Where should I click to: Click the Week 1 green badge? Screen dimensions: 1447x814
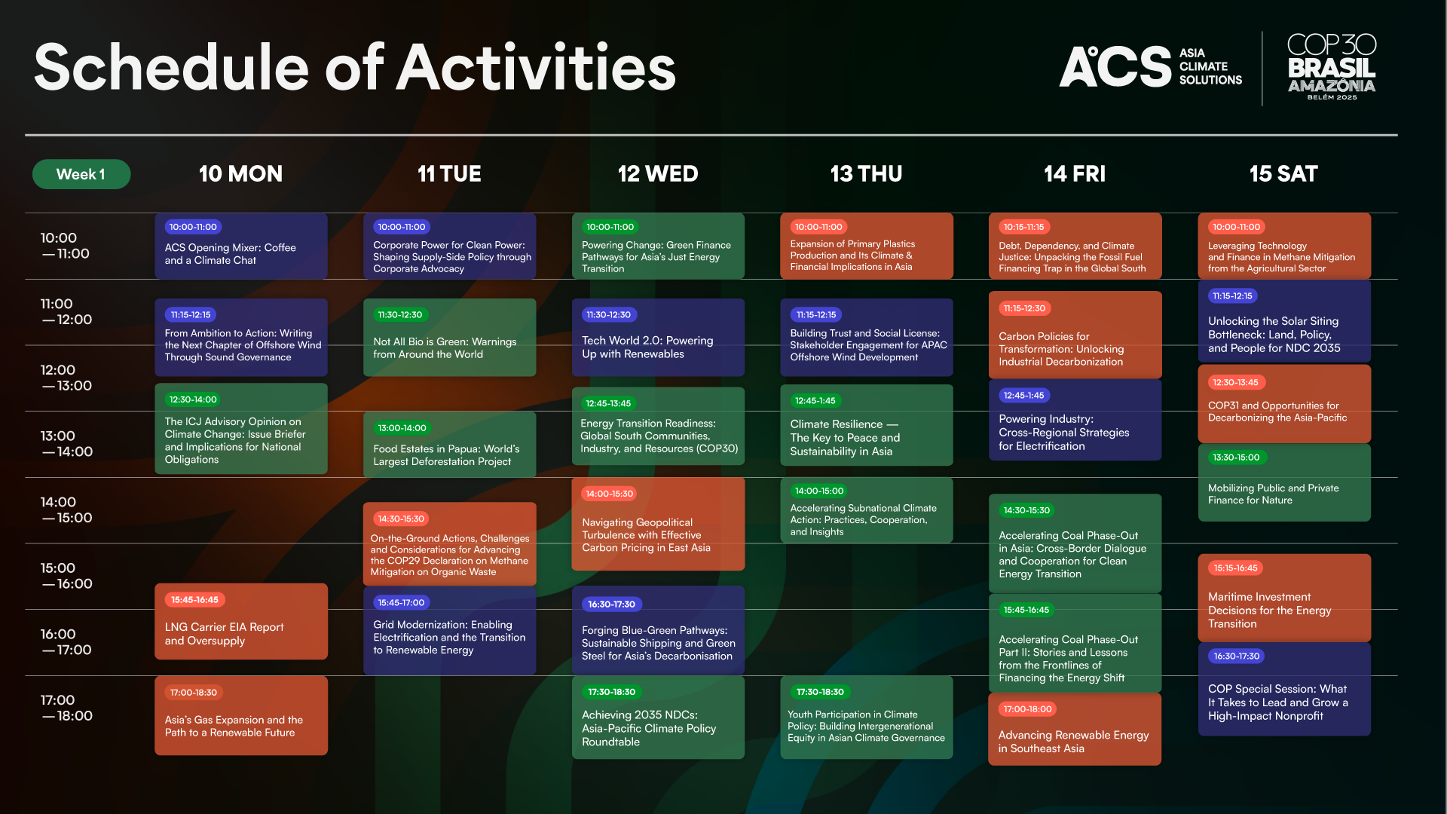point(81,174)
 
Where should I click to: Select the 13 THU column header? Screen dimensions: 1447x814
point(866,174)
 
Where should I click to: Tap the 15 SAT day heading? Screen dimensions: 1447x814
point(1283,174)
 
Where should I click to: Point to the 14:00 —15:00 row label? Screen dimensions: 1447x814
point(66,510)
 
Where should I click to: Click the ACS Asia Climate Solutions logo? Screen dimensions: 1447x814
point(1151,66)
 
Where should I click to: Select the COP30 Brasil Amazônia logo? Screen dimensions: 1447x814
point(1332,66)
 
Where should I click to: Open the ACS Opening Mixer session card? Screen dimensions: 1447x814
point(241,246)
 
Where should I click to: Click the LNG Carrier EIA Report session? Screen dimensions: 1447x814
point(241,622)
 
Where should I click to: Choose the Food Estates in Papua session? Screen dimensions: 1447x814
point(450,445)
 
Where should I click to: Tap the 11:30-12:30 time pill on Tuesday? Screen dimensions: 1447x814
point(400,315)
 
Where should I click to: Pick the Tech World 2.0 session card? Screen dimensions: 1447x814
point(658,338)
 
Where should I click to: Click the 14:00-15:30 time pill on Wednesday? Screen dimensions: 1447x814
point(609,494)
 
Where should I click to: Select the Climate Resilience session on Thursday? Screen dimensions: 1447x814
point(867,425)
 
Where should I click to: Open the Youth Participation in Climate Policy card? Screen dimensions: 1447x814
point(867,718)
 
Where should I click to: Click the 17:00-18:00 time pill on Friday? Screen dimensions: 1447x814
point(1028,709)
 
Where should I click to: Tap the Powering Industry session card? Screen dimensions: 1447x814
point(1075,420)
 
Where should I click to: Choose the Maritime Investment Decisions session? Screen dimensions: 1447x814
point(1284,598)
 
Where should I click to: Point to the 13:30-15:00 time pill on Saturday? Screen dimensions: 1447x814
point(1236,457)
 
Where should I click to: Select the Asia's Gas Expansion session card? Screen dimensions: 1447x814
point(241,716)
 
